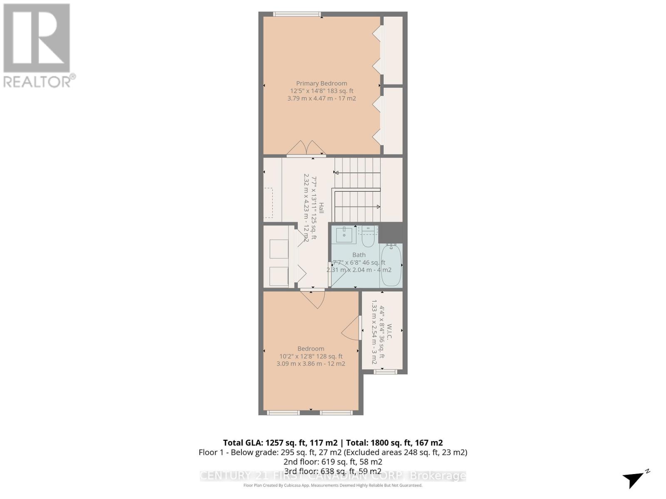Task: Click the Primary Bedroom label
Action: point(321,83)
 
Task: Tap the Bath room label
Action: point(359,255)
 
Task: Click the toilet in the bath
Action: point(368,237)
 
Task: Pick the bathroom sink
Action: point(344,235)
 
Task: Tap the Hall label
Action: point(321,208)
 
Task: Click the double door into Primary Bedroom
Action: point(306,149)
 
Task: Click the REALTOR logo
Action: point(37,46)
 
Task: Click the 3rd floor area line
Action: point(333,471)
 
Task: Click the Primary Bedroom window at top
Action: point(297,14)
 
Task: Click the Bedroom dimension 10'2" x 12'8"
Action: point(311,356)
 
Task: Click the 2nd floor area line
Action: point(333,462)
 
